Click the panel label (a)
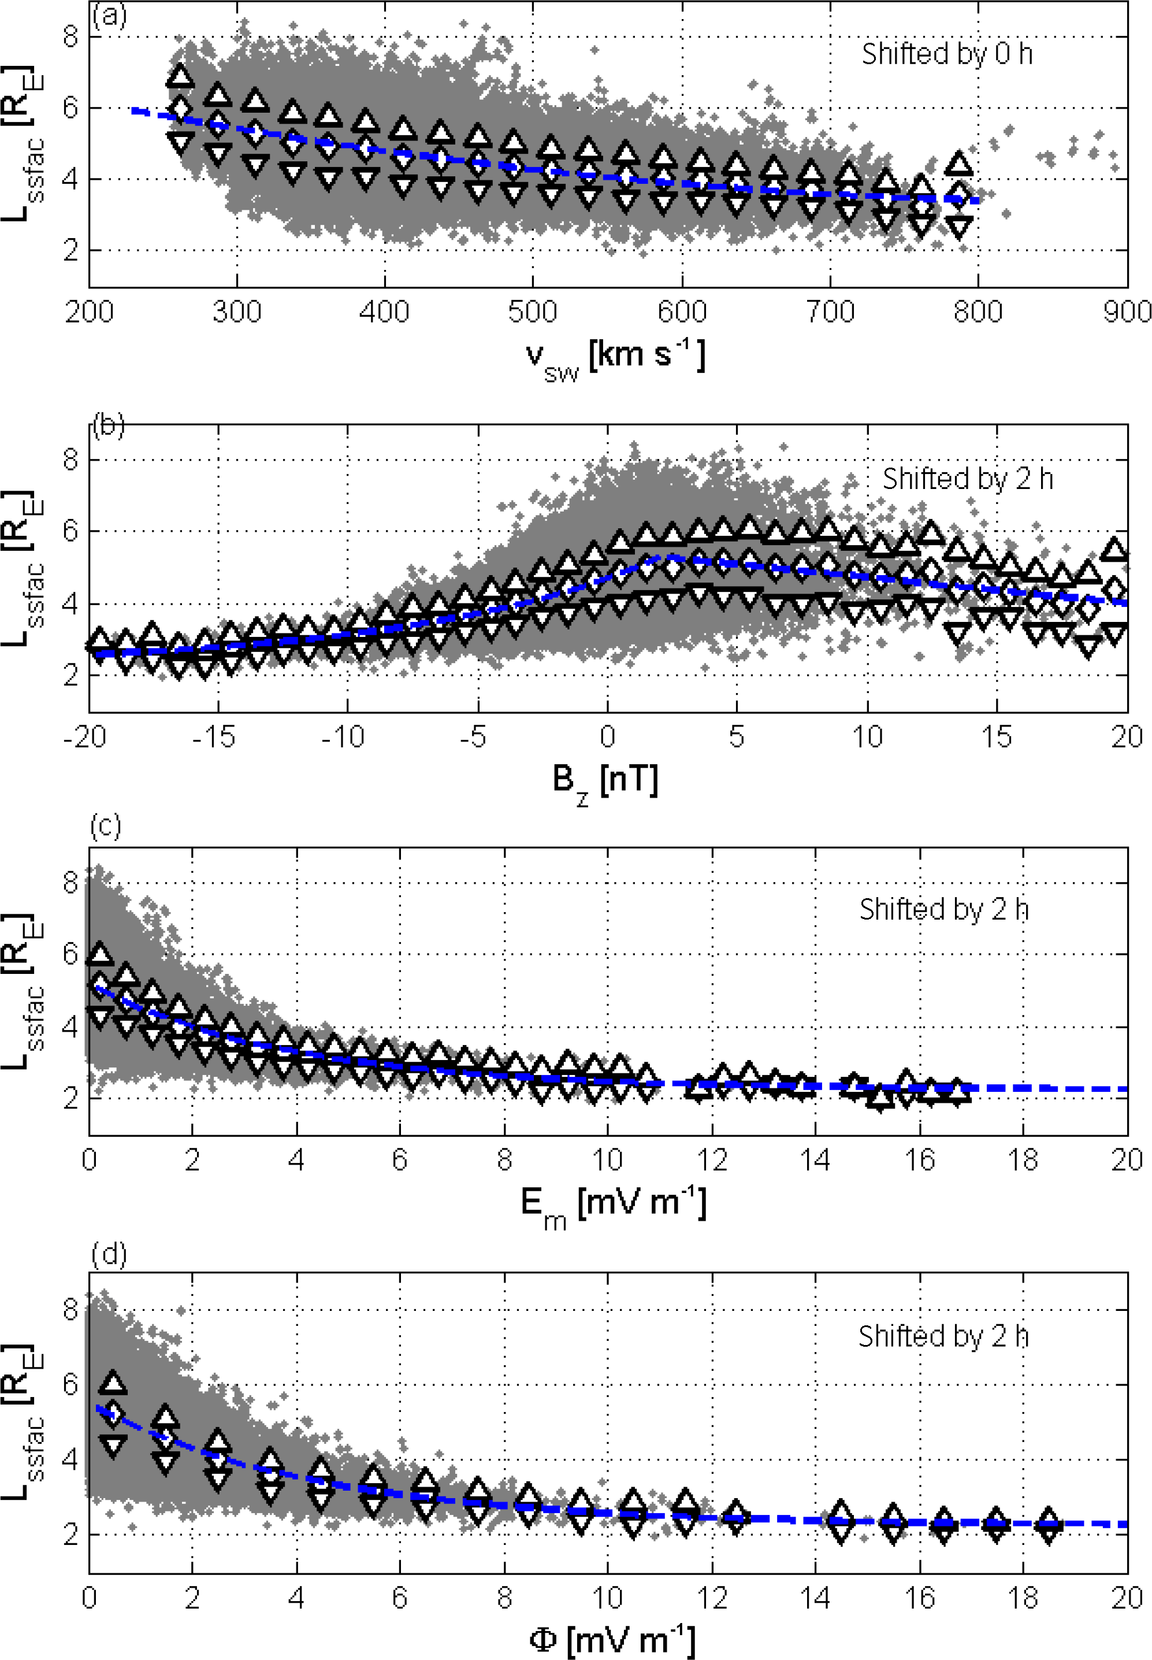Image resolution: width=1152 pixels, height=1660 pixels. pyautogui.click(x=110, y=15)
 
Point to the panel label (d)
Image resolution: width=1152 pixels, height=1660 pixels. pyautogui.click(x=109, y=1254)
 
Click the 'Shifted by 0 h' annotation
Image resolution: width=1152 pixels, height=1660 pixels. pyautogui.click(x=947, y=54)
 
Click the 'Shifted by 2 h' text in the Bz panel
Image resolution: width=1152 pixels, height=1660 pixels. pyautogui.click(x=968, y=479)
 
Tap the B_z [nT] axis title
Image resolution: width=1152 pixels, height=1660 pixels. pyautogui.click(x=605, y=781)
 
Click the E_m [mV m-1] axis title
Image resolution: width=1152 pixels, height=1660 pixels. pyautogui.click(x=614, y=1205)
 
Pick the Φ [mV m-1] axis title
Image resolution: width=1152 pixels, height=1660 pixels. pyautogui.click(x=612, y=1640)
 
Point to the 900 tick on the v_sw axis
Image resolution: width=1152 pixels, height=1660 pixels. pyautogui.click(x=1127, y=312)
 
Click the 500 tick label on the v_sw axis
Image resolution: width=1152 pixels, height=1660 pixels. pyautogui.click(x=533, y=312)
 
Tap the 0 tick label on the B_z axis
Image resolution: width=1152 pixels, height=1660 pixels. pyautogui.click(x=607, y=737)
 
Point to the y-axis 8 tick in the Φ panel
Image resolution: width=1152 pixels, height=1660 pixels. pyautogui.click(x=70, y=1309)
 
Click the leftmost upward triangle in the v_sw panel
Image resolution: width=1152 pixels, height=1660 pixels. pyautogui.click(x=180, y=76)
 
